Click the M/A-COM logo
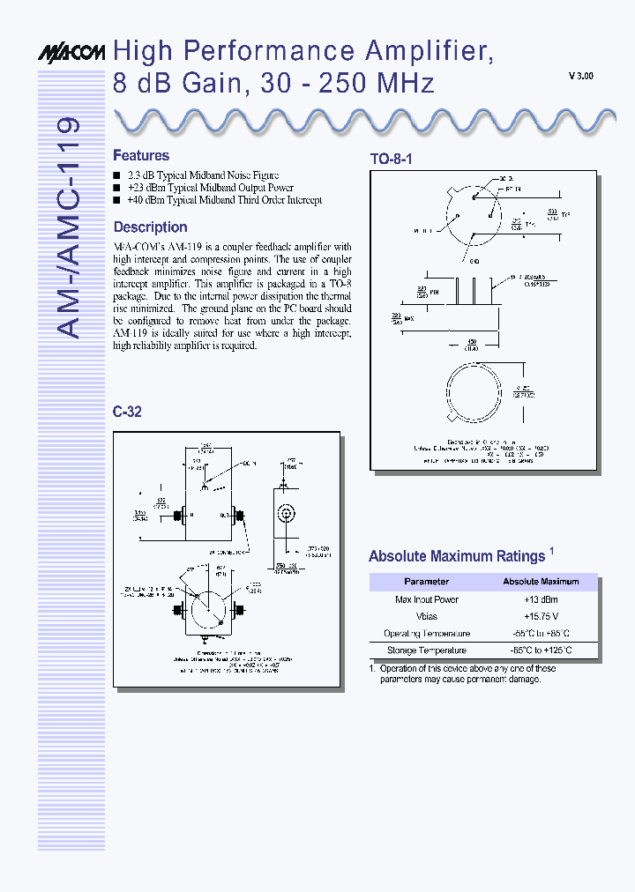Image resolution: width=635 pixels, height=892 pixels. click(x=71, y=54)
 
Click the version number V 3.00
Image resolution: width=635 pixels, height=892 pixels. click(x=580, y=77)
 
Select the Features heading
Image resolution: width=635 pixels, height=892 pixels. click(x=141, y=155)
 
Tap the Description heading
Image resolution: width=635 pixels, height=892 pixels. click(x=150, y=227)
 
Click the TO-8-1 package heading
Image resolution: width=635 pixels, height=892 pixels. click(x=391, y=160)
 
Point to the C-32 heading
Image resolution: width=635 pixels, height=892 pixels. click(x=127, y=412)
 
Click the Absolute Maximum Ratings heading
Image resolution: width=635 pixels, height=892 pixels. click(x=457, y=556)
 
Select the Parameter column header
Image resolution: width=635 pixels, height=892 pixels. click(x=426, y=582)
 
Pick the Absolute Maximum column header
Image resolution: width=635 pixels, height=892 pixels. click(x=541, y=582)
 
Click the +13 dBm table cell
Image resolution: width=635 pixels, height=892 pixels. click(x=541, y=599)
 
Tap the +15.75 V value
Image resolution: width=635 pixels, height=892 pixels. click(x=541, y=616)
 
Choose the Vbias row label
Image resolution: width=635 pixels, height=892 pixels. click(x=426, y=616)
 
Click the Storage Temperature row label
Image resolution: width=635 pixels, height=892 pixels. click(x=426, y=650)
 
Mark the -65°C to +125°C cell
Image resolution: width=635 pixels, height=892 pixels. click(x=541, y=650)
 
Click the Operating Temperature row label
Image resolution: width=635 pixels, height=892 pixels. click(x=426, y=634)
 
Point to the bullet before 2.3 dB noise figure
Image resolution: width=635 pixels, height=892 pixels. click(x=116, y=176)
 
